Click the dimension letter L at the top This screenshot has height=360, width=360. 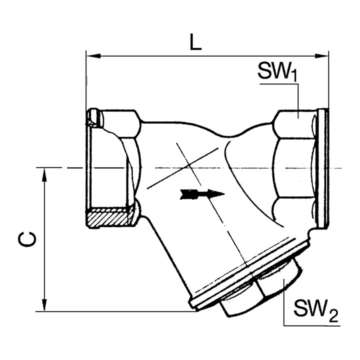pos(195,42)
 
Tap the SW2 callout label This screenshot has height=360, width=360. pos(315,310)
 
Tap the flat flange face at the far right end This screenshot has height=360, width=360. pos(323,167)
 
